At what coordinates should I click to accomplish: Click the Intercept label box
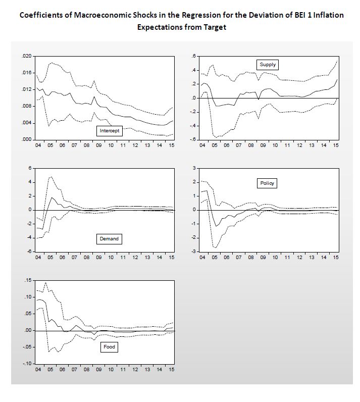tap(110, 131)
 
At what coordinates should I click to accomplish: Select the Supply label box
tap(268, 64)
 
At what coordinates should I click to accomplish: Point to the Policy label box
tap(267, 183)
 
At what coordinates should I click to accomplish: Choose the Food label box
tap(110, 347)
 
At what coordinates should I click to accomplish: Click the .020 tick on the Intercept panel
tap(26, 56)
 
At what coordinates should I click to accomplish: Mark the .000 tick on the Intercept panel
tap(26, 139)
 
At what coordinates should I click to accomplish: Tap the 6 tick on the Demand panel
tap(29, 168)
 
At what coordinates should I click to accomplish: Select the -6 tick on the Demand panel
tap(28, 252)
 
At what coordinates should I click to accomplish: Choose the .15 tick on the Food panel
tap(27, 280)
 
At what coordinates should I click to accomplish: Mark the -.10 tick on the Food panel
tap(26, 364)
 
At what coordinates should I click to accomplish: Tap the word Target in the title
tap(213, 27)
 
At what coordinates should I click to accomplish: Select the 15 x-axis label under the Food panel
tap(171, 370)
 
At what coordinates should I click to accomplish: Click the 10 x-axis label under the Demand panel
tap(111, 258)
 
